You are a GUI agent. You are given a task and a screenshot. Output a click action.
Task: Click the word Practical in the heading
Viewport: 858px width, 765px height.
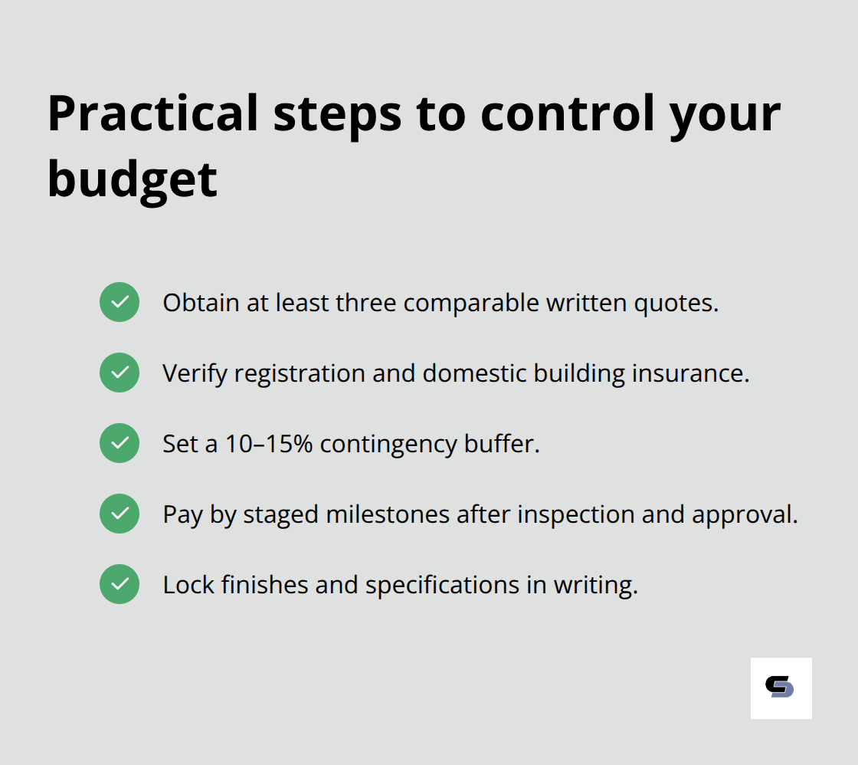point(152,113)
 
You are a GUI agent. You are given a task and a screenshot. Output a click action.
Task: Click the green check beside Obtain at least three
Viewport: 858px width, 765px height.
point(120,302)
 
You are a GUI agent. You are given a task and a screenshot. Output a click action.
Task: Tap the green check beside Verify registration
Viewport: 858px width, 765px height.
point(120,373)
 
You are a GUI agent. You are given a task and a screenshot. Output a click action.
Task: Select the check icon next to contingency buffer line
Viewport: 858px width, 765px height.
point(120,443)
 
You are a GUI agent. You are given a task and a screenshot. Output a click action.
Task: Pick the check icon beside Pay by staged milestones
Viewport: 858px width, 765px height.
point(120,514)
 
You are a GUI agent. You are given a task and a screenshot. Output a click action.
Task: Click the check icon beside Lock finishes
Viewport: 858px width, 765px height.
point(120,584)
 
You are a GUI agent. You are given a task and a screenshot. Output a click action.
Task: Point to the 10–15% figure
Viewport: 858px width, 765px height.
point(269,444)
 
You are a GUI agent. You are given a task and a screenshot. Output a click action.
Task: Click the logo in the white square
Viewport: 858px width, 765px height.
point(781,688)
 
